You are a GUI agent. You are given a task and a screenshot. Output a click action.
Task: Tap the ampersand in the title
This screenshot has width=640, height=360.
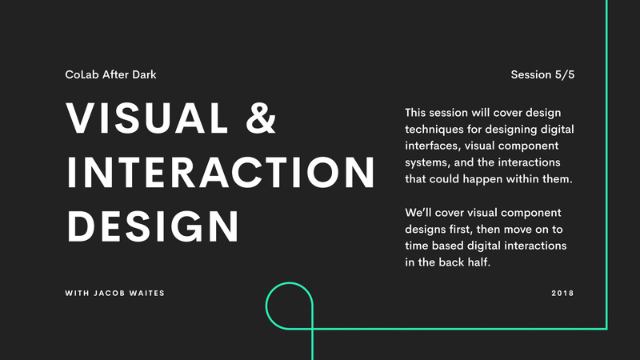pos(261,118)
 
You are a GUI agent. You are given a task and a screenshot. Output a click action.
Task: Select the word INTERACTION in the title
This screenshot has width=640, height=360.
pos(221,173)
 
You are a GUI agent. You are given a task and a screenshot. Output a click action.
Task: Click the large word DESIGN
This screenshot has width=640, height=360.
pos(153,226)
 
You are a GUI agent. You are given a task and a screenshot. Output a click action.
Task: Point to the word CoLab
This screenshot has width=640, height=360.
pos(82,74)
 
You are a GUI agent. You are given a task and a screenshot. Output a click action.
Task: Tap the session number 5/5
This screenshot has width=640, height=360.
pos(565,74)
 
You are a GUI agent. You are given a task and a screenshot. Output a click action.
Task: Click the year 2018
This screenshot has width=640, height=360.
pos(562,293)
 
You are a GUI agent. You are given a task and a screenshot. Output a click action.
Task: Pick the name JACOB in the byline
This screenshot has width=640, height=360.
pos(109,293)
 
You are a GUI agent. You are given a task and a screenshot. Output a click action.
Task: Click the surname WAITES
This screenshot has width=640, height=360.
pos(147,293)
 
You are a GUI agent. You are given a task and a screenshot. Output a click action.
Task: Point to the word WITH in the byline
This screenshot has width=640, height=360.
pos(77,293)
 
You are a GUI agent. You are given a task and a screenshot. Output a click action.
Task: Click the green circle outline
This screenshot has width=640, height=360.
pos(266,306)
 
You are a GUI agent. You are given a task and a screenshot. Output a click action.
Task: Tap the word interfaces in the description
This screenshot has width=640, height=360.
pos(433,146)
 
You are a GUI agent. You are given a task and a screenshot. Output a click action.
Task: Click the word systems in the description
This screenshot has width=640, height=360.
pos(427,163)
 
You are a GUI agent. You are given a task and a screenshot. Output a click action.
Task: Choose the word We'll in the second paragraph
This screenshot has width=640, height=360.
pos(418,213)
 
